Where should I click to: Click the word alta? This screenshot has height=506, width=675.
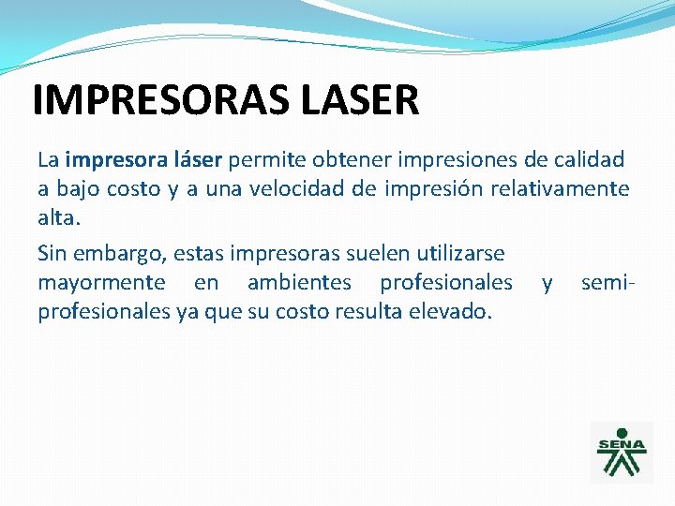click(x=58, y=217)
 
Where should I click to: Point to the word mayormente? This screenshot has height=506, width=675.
click(x=101, y=282)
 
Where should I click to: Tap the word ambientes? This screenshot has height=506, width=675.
click(x=299, y=282)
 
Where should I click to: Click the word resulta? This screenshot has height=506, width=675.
click(x=375, y=311)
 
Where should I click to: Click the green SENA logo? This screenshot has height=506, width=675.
click(x=622, y=452)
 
